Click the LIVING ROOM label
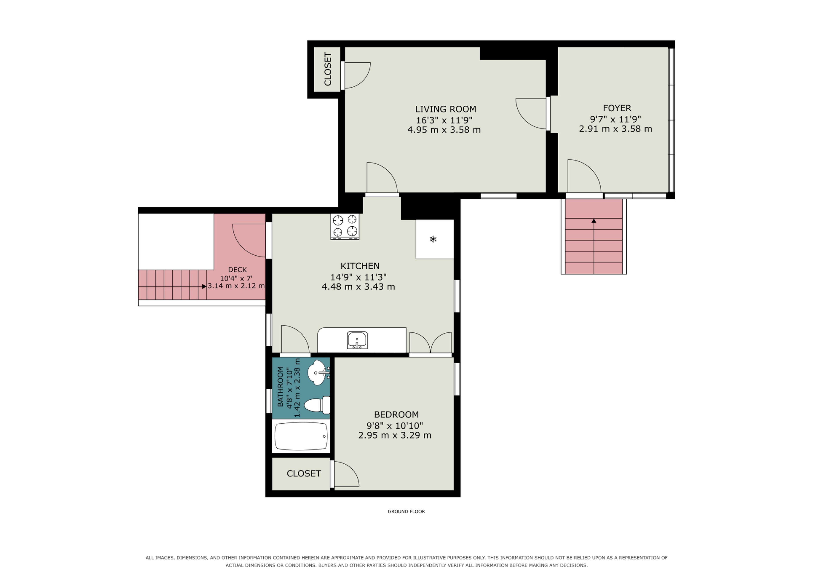[445, 109]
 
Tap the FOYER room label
[617, 108]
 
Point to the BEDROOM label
[396, 414]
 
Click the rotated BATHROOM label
[280, 387]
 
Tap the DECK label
[237, 270]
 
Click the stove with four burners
[345, 226]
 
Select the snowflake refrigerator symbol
[433, 239]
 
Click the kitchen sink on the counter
[357, 340]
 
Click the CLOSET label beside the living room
[328, 69]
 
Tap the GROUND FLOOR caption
[406, 511]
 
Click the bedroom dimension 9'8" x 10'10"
[395, 425]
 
